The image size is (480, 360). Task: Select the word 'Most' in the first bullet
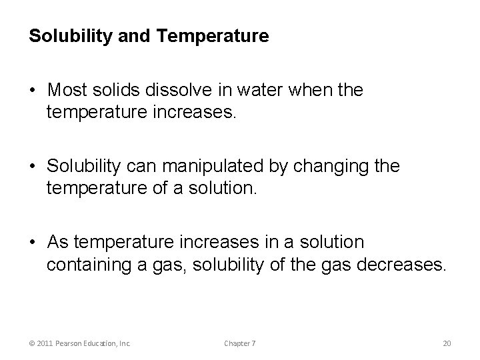67,90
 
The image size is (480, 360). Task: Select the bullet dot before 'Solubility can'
32,167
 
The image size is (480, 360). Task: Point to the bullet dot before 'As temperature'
32,242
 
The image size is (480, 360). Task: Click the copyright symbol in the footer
33,343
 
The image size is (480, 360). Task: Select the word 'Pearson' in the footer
71,343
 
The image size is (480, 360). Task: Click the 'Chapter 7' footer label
240,343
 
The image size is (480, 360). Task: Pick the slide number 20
447,343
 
